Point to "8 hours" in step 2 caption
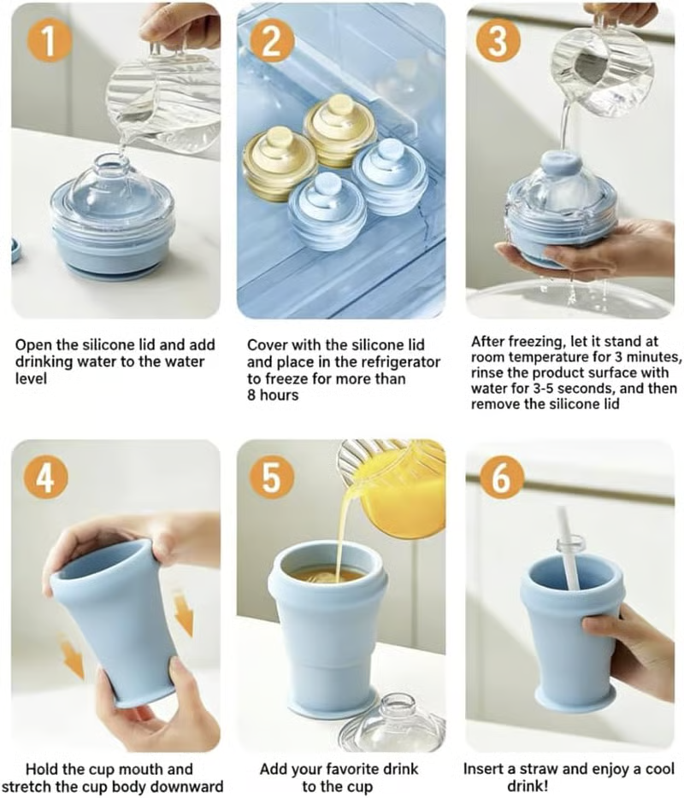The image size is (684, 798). [x=274, y=395]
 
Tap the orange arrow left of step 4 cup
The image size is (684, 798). [x=73, y=658]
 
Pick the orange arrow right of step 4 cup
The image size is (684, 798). [x=183, y=615]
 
